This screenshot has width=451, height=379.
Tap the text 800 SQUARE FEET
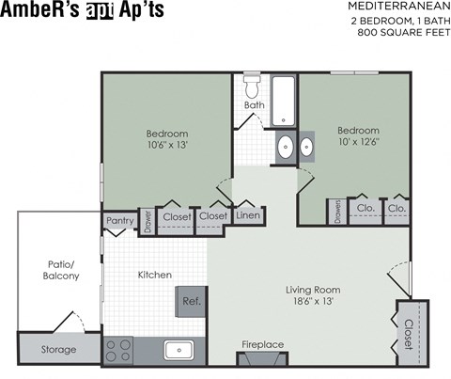click(x=401, y=33)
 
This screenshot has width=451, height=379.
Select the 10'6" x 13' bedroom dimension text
click(x=167, y=144)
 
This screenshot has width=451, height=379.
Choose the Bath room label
click(x=254, y=105)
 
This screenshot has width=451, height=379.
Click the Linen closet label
click(x=247, y=216)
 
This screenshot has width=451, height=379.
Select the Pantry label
click(x=120, y=220)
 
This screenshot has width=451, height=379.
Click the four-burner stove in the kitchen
click(x=118, y=351)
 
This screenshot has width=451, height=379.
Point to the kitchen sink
click(x=179, y=351)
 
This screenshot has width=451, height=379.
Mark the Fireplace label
click(x=262, y=345)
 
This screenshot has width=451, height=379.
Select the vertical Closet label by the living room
click(x=409, y=333)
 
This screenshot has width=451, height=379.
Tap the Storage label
click(x=59, y=350)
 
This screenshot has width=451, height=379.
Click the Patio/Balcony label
click(x=59, y=270)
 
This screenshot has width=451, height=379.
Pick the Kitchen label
click(x=155, y=275)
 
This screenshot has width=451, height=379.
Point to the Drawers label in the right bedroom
click(x=335, y=211)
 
